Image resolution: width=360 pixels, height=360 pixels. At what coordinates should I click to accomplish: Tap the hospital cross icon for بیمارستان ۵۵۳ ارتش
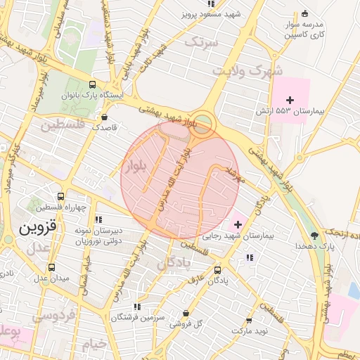(x=290, y=101)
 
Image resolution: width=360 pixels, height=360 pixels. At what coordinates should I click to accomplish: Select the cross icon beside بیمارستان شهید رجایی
(x=238, y=225)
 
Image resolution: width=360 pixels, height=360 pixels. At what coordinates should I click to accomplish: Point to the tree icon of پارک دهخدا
(x=314, y=236)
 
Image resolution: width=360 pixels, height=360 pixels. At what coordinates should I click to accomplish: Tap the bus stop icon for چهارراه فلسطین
(x=60, y=197)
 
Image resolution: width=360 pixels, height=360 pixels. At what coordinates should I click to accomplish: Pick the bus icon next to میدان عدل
(x=51, y=267)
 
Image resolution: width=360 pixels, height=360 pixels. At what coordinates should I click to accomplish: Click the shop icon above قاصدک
(x=105, y=117)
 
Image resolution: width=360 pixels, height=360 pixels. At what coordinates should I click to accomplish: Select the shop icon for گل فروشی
(x=186, y=313)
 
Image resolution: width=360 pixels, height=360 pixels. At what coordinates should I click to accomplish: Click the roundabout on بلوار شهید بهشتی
(x=204, y=122)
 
